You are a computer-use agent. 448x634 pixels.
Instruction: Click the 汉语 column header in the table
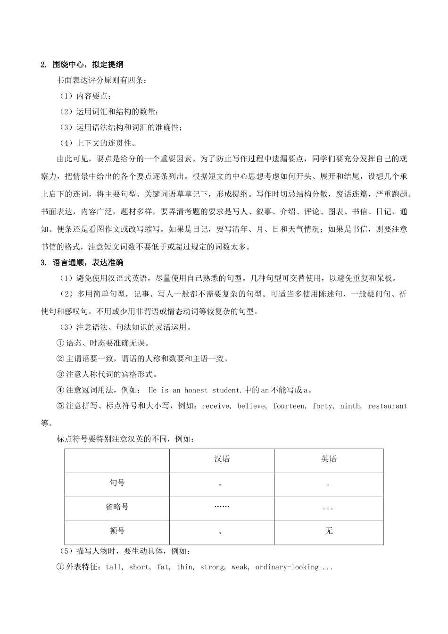point(222,459)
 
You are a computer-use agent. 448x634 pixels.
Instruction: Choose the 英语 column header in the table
point(329,459)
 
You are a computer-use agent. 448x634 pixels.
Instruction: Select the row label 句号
point(117,483)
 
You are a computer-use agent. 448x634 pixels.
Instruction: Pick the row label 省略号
point(117,507)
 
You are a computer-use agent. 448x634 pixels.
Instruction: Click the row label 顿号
point(117,531)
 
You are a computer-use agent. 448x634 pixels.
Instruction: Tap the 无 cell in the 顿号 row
point(329,531)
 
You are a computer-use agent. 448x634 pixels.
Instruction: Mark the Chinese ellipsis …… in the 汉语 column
point(221,507)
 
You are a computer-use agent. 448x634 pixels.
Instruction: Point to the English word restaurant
point(387,406)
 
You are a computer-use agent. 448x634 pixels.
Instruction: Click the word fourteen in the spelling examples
point(289,406)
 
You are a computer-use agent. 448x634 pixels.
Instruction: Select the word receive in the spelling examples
point(216,406)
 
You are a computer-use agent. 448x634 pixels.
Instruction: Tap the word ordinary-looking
point(287,567)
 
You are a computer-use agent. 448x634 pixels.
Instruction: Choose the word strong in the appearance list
point(212,567)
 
